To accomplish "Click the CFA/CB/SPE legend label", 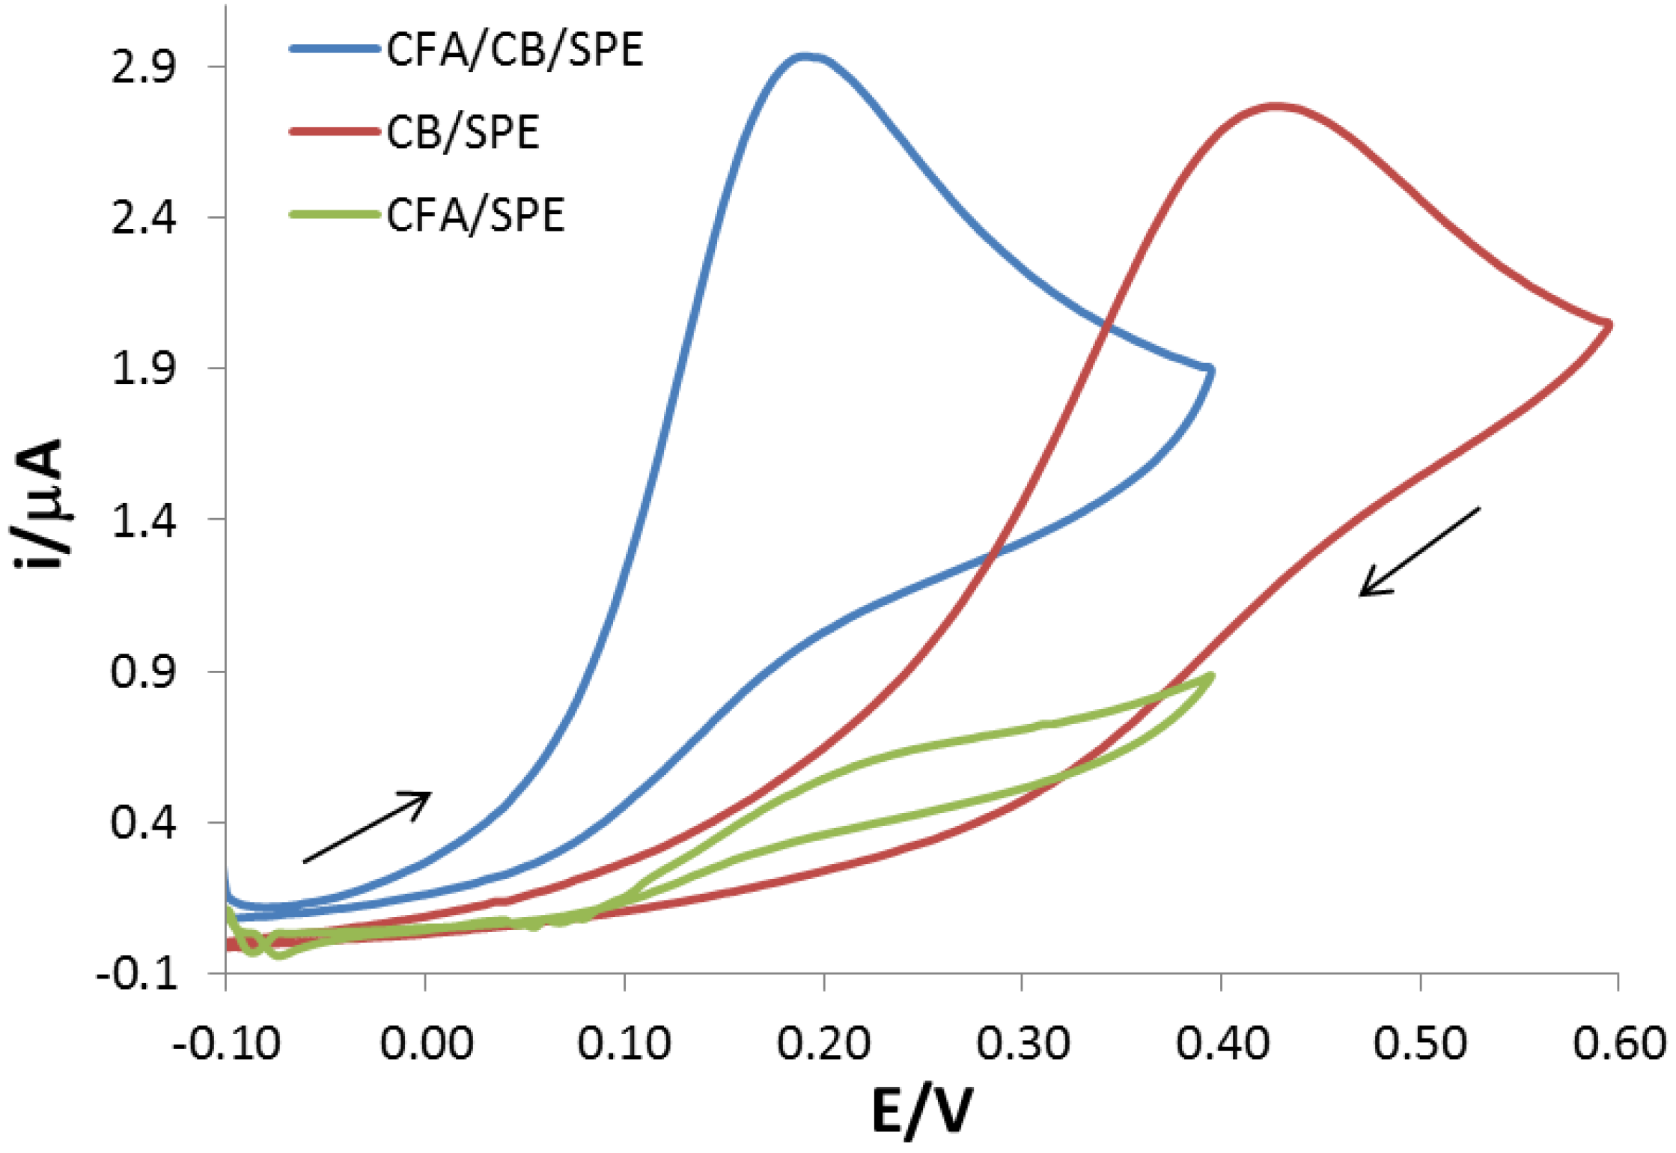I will [x=514, y=50].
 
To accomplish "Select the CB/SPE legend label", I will [x=463, y=133].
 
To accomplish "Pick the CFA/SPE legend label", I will [x=475, y=216].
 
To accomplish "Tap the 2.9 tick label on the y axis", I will [x=143, y=67].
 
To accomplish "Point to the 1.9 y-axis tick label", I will [x=143, y=368].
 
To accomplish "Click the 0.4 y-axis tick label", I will [x=143, y=822].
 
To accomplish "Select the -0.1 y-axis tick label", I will [x=137, y=973].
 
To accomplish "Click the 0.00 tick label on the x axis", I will [x=426, y=1043].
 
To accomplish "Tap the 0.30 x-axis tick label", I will [x=1023, y=1043].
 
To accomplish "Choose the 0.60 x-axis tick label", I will [x=1618, y=1043].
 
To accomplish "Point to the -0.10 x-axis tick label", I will [x=226, y=1043].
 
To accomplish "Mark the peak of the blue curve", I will [x=805, y=56].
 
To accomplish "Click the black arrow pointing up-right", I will [x=367, y=827].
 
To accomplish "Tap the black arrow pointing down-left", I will [x=1419, y=552].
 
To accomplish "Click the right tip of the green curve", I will [x=1211, y=676].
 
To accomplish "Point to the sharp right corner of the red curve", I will [x=1609, y=324].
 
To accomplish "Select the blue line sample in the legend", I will [x=334, y=49].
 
